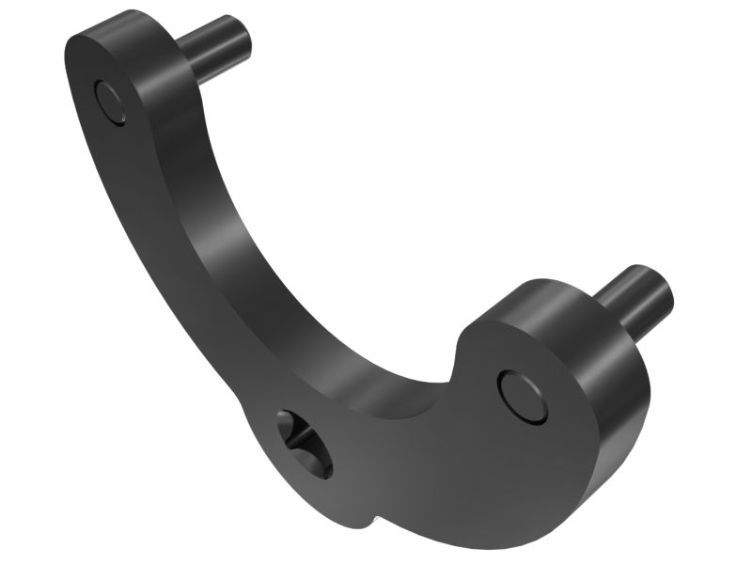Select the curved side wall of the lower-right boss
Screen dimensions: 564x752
(611, 395)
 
